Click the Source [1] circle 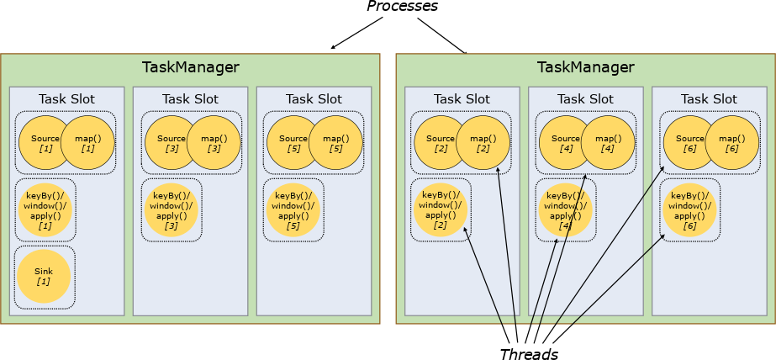pos(43,142)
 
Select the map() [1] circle pos(87,142)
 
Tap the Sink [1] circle pos(44,277)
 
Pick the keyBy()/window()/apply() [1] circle pos(45,209)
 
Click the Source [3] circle pos(170,142)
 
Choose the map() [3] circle pos(214,142)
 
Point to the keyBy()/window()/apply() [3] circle pos(171,210)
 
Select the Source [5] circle pos(292,142)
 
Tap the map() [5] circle pos(335,142)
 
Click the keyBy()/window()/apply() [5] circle pos(293,210)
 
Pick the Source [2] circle pos(439,142)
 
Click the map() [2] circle pos(483,142)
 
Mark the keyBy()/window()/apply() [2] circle pos(440,210)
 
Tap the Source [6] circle pos(689,142)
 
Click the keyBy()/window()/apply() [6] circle pos(689,210)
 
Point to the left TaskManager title pos(190,68)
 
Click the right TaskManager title pos(585,68)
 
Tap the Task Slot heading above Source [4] pos(585,99)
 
